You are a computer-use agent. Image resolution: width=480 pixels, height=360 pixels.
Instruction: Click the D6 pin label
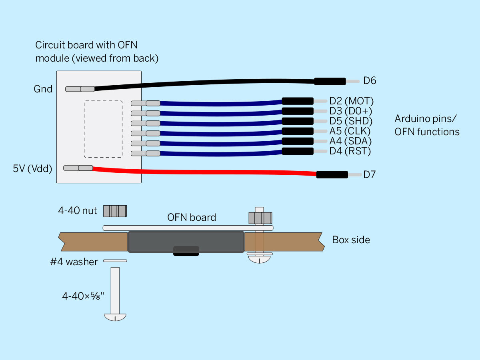[x=370, y=81]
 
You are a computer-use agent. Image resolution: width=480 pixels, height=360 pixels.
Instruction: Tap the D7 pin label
[x=369, y=174]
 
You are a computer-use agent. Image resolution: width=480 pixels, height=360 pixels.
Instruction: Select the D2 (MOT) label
[x=352, y=101]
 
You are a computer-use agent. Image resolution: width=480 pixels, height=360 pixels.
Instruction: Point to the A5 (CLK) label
[x=350, y=131]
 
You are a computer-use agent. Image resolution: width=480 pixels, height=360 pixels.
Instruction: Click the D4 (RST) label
[x=350, y=151]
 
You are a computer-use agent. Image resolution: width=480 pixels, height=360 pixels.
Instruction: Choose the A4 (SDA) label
[x=350, y=141]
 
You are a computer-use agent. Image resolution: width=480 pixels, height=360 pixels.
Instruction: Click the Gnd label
[x=43, y=89]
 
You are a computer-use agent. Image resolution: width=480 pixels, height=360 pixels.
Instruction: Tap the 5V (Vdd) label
[x=32, y=168]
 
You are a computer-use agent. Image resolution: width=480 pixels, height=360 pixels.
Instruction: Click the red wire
[x=204, y=172]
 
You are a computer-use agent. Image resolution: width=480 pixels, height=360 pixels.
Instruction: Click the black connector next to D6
[x=330, y=81]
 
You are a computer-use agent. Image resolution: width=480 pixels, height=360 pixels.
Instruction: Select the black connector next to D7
[x=332, y=175]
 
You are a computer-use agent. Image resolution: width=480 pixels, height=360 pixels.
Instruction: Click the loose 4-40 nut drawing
[x=115, y=211]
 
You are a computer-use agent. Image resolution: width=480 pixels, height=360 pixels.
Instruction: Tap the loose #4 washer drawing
[x=115, y=260]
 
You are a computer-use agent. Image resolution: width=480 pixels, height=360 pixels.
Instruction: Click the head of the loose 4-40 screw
[x=115, y=317]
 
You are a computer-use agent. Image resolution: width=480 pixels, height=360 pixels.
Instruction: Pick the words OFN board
[x=192, y=217]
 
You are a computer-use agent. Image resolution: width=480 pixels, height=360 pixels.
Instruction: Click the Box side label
[x=351, y=240]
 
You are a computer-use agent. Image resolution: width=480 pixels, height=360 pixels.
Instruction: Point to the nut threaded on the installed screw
[x=260, y=218]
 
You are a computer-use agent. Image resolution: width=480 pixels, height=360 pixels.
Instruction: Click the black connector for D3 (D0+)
[x=298, y=111]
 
